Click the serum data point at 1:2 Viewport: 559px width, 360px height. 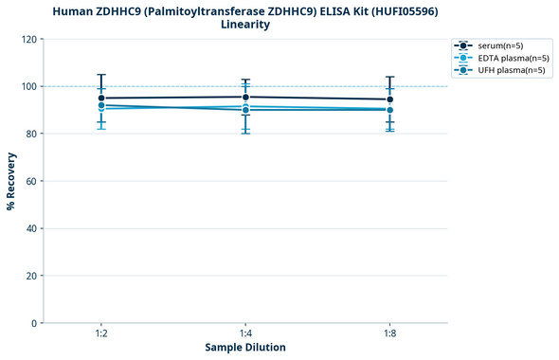[101, 99]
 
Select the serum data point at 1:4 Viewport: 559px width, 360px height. [245, 97]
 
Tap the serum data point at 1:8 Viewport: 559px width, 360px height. [389, 99]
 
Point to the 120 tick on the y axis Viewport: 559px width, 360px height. [28, 40]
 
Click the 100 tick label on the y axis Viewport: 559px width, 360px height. [28, 87]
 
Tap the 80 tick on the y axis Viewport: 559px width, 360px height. [31, 135]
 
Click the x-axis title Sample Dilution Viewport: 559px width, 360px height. [245, 348]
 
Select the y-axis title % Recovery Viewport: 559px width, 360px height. [11, 180]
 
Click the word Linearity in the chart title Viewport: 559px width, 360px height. [245, 25]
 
